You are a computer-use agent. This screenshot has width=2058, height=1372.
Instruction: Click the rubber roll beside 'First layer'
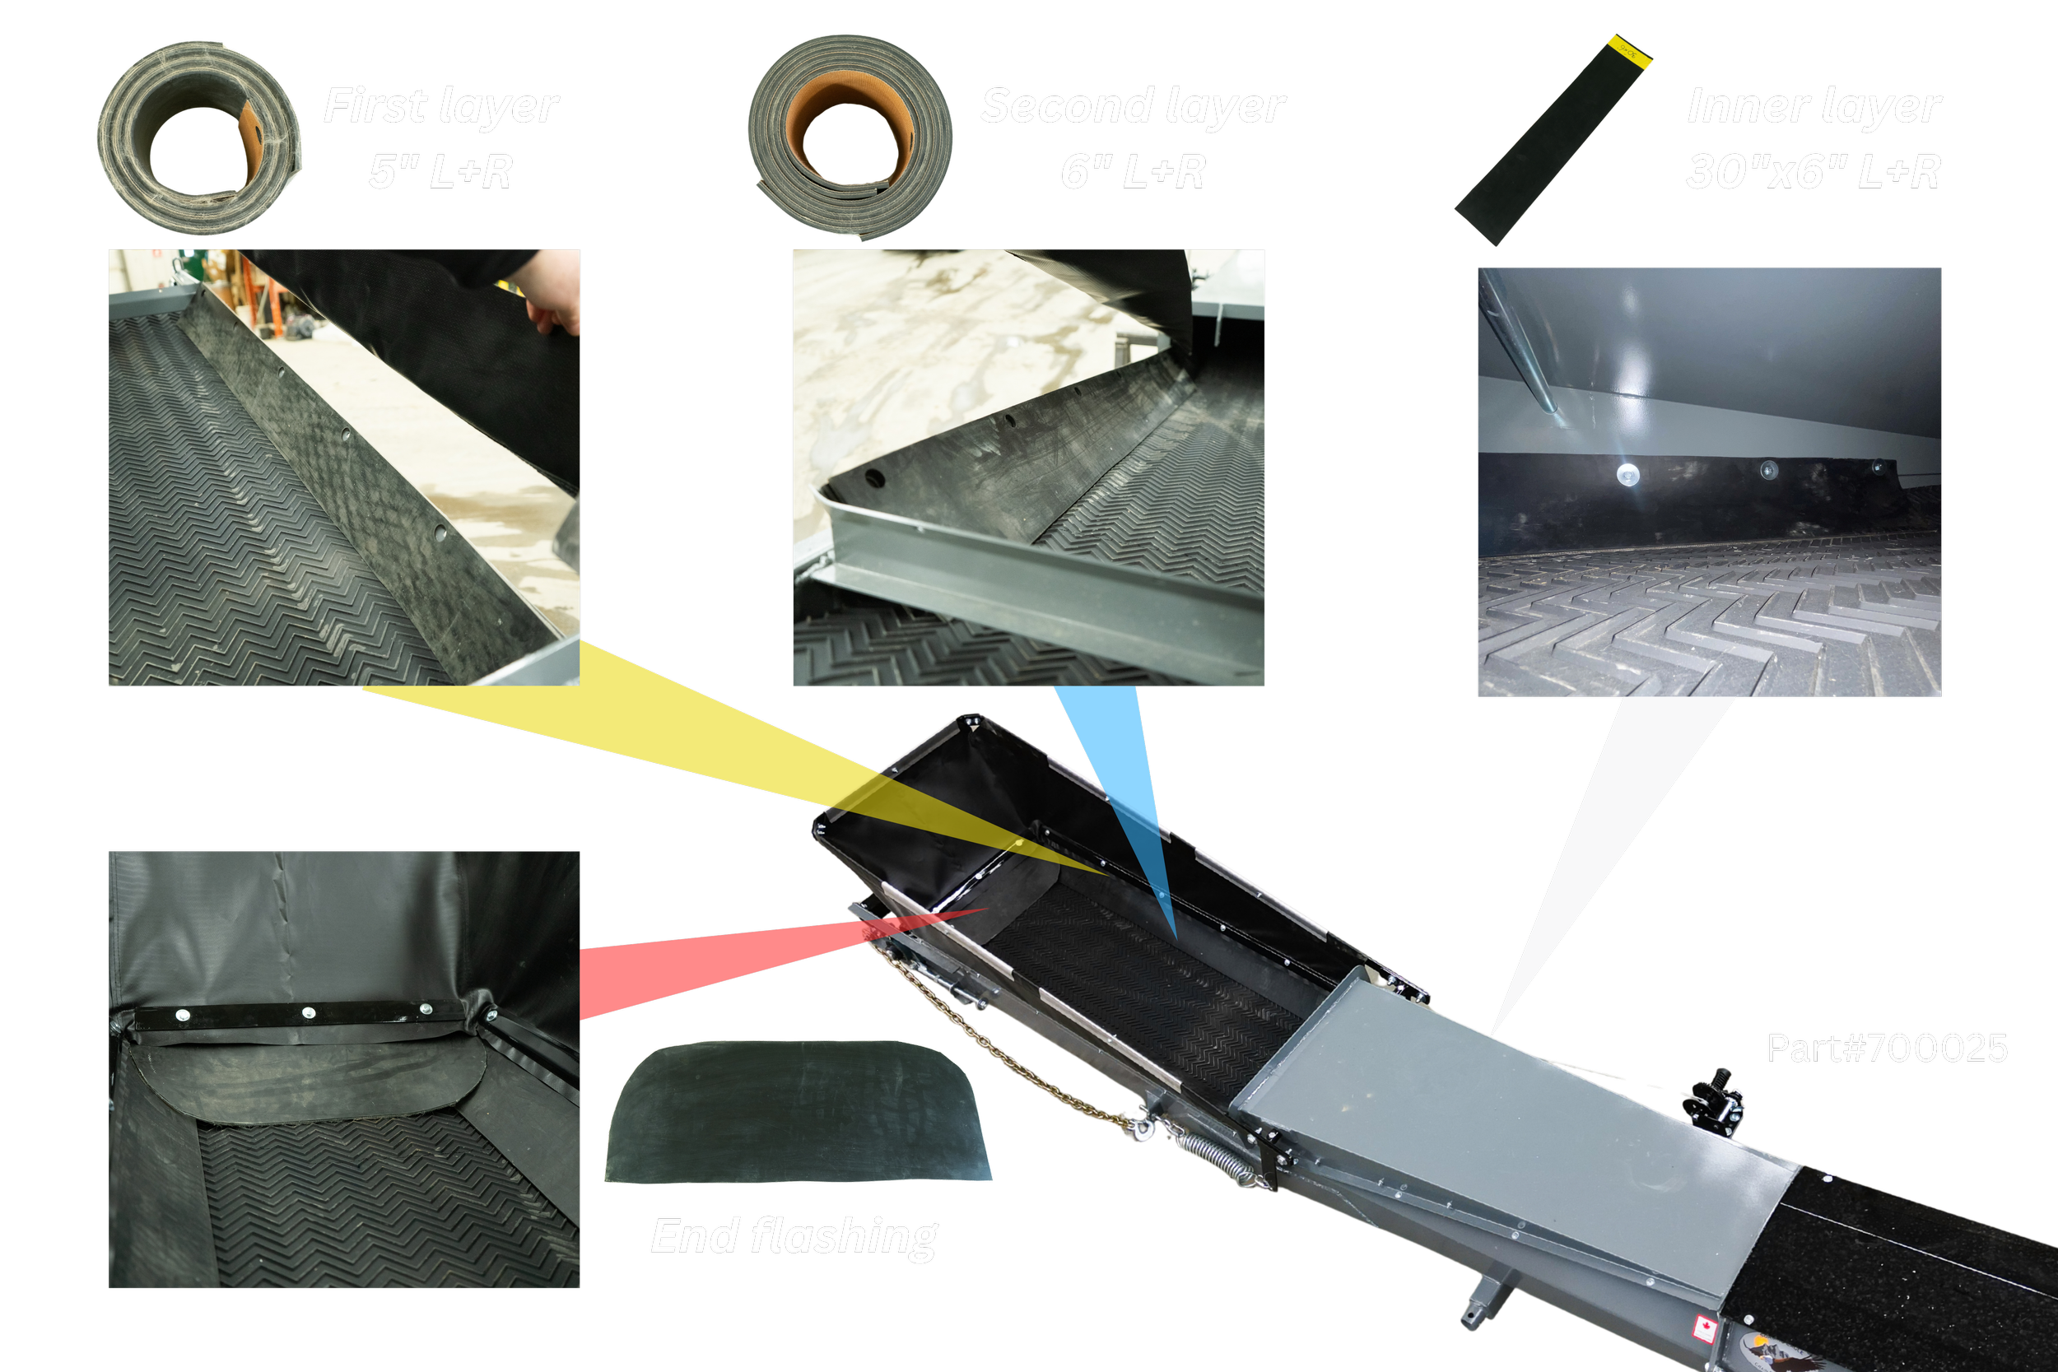click(x=199, y=138)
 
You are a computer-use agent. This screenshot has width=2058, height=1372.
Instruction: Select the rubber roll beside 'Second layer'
click(x=850, y=137)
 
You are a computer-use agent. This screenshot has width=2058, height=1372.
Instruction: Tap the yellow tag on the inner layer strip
click(x=1629, y=50)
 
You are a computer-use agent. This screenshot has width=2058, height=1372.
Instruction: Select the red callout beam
click(x=726, y=962)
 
